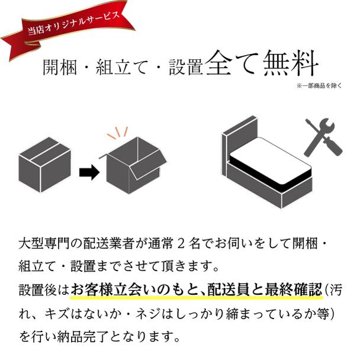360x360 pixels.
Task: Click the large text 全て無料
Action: click(264, 63)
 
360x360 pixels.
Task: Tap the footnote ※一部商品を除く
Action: click(319, 86)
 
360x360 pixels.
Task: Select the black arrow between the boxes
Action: click(89, 172)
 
